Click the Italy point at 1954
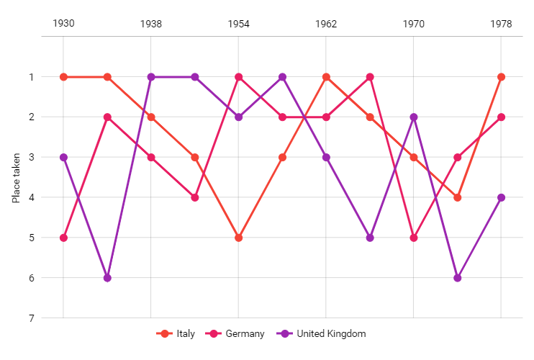(x=238, y=238)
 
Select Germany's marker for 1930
(x=63, y=238)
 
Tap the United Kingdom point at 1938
(x=151, y=77)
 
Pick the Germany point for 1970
(x=414, y=238)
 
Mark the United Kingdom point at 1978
(x=501, y=197)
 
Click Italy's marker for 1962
(x=326, y=77)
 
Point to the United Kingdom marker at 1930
(x=63, y=157)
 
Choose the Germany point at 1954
(x=238, y=77)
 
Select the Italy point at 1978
(x=501, y=77)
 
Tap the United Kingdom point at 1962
(x=326, y=157)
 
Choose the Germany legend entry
(x=235, y=333)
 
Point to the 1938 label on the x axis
(x=151, y=24)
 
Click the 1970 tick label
(x=414, y=24)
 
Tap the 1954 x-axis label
(x=238, y=24)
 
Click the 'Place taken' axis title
(x=16, y=177)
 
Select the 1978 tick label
(x=501, y=24)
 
